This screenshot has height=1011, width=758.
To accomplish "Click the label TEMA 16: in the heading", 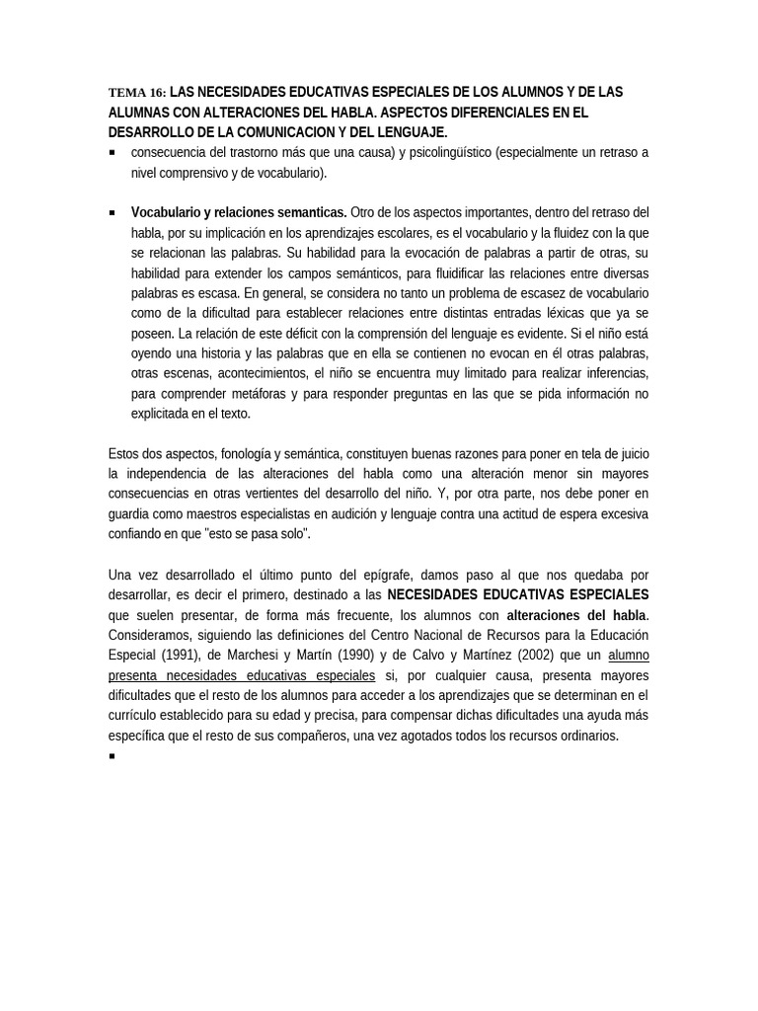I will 137,93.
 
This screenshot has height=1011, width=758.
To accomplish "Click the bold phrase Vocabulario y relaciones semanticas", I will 239,212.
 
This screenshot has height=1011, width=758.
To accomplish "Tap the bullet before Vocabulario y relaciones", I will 113,212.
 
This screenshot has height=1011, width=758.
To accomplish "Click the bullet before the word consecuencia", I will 113,153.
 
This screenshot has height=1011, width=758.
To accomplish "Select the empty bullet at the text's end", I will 113,756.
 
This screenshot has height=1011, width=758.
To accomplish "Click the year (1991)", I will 180,655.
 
